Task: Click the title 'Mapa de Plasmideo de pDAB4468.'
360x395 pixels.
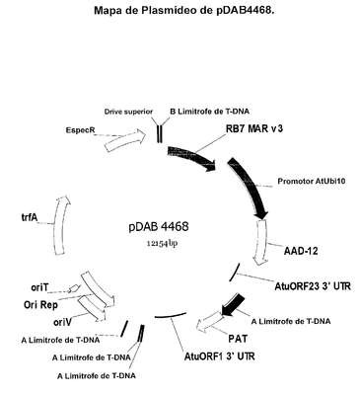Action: tap(184, 10)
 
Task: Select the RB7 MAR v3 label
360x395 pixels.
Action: tap(254, 128)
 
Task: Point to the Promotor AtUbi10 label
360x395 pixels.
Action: tap(312, 181)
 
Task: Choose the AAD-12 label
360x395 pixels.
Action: tap(301, 251)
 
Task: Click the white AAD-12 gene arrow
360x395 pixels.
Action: tap(261, 242)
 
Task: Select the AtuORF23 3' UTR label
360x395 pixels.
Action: tap(313, 286)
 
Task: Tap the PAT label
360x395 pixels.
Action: tap(238, 338)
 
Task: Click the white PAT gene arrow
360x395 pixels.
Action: tap(209, 322)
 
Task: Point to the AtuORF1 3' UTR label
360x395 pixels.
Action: tap(219, 356)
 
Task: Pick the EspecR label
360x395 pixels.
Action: tap(80, 130)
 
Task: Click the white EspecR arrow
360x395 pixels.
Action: tap(125, 139)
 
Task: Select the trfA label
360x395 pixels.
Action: tap(29, 217)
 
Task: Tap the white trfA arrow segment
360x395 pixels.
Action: tap(61, 226)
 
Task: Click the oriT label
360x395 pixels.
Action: tap(39, 287)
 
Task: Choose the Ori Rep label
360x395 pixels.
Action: tap(40, 305)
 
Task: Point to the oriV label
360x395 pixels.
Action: tap(62, 322)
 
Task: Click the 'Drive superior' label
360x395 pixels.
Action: tap(128, 112)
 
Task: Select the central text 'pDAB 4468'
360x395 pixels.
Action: tap(159, 226)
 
